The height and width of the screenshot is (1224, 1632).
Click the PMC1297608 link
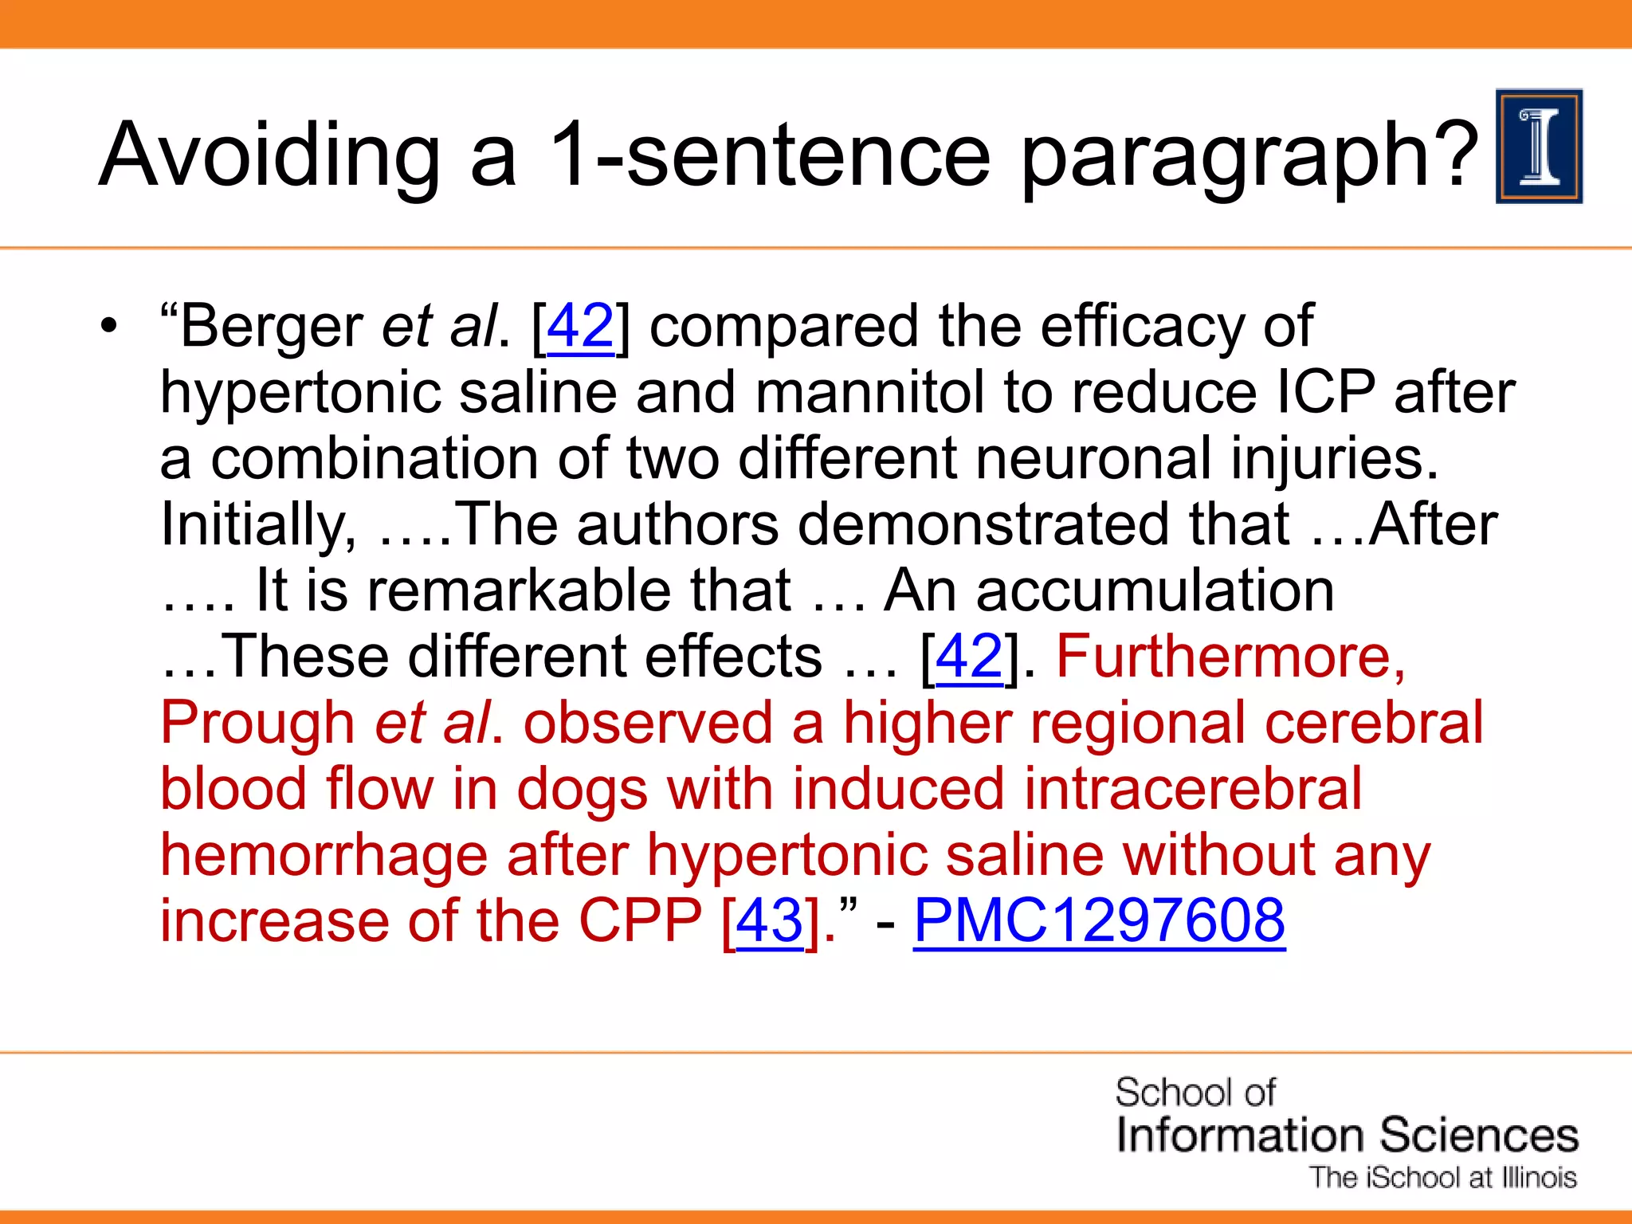[x=1099, y=921]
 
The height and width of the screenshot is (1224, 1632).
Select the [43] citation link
[x=769, y=921]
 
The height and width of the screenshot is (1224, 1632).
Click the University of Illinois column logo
[x=1539, y=147]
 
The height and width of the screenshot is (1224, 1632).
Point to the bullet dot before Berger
[x=108, y=327]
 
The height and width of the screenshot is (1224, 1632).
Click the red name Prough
[x=257, y=723]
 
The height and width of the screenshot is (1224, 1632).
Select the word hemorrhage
[x=324, y=855]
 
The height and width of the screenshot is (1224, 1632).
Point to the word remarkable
[x=579, y=590]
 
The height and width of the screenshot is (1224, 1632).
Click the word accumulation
[x=1155, y=590]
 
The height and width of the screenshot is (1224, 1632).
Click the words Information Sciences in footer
[x=1347, y=1135]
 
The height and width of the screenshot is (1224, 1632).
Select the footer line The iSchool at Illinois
[x=1443, y=1178]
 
